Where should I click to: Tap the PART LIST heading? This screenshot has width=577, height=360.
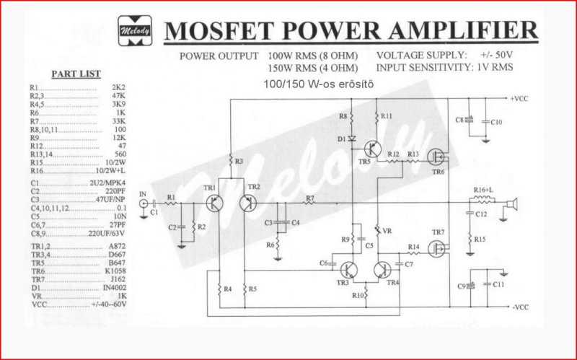[x=76, y=74]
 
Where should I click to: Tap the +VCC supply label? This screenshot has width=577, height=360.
[x=519, y=98]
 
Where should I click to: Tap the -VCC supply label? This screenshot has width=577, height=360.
[x=520, y=309]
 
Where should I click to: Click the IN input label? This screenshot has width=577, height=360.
[x=143, y=194]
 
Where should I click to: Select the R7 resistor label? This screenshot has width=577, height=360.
[x=309, y=198]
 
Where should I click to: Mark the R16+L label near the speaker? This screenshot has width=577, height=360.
[x=483, y=189]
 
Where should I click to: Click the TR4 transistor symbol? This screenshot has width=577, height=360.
[x=382, y=271]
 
